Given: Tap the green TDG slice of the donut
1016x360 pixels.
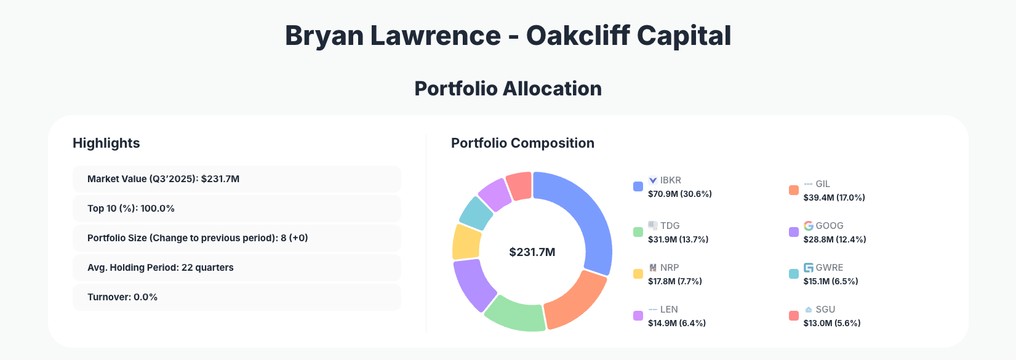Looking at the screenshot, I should coord(516,313).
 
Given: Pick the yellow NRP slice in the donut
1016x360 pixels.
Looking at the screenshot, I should coord(466,242).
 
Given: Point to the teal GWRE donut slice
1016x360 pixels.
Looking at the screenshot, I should coord(476,213).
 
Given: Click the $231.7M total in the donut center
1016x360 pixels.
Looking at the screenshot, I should coord(532,252).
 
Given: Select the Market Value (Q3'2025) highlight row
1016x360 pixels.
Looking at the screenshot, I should coord(236,179).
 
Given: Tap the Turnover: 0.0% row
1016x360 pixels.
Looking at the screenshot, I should coord(236,297).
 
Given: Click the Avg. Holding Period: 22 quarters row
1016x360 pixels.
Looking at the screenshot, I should coord(236,268).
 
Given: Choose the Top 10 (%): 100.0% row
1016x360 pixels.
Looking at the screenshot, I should coord(236,209).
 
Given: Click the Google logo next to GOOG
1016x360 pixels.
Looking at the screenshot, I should coord(809,226).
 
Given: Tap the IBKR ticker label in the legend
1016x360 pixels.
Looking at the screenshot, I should coord(670,180).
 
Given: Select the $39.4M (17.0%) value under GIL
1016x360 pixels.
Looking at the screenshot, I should coord(834,198).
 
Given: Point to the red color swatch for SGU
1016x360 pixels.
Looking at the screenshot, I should coord(794,316).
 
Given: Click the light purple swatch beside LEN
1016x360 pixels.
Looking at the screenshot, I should coord(638,316).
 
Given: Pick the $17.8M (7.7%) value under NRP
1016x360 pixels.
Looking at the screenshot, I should coord(674,281).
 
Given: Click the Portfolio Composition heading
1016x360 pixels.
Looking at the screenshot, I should coord(522,143).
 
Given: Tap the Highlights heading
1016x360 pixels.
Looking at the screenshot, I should coord(106,143).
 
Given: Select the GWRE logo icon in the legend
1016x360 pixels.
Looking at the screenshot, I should coord(809,268).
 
